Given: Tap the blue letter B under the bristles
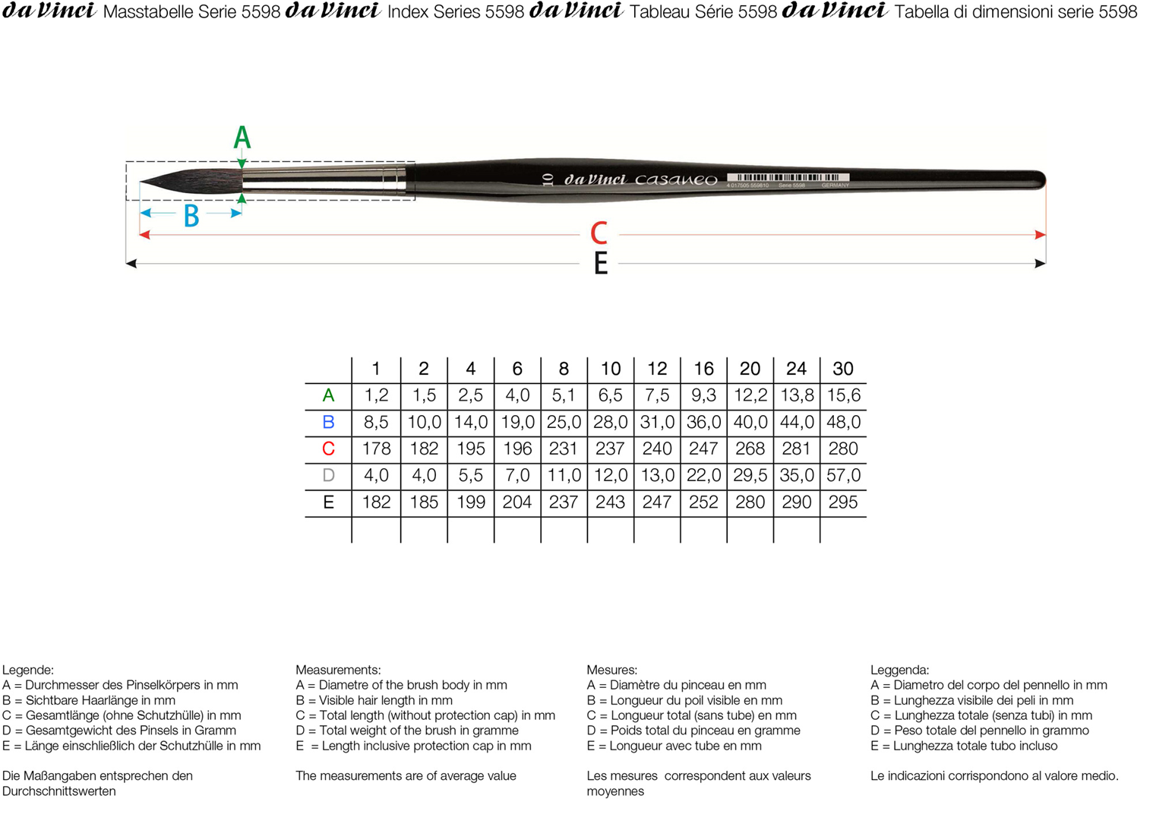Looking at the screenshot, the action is pos(191,216).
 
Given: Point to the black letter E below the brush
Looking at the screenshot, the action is pos(601,263).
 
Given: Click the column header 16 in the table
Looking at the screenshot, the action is pos(703,369).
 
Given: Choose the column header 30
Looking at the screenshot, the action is pos(843,369).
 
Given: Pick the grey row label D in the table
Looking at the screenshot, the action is pos(328,475).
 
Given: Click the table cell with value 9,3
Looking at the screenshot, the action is pos(703,395).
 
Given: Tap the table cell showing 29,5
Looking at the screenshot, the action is pos(750,475).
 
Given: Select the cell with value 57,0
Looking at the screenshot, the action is pos(843,475).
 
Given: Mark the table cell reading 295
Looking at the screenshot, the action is pos(843,502).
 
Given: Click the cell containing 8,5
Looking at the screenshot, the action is pos(376,423).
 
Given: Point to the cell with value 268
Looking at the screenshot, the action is pos(750,449).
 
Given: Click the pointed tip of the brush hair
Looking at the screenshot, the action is pos(141,181).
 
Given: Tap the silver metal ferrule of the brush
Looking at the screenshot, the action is pos(324,180).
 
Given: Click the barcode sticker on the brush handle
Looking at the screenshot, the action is pos(788,179).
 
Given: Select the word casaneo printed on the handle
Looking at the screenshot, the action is pos(676,179).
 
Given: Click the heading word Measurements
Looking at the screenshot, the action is pos(338,670).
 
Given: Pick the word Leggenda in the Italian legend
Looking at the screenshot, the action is pos(899,670).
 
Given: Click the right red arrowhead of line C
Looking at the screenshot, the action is pos(1041,235).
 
